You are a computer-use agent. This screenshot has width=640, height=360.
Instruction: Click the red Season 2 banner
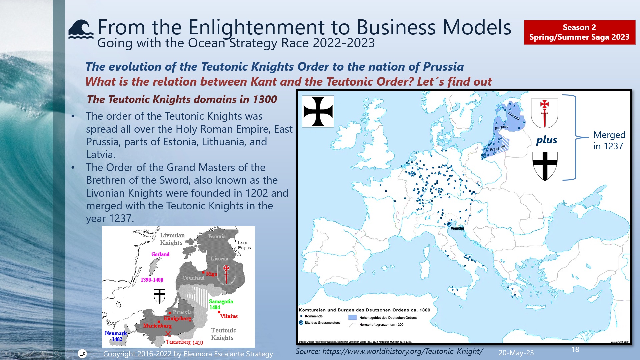[579, 32]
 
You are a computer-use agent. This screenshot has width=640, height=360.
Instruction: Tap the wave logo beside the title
[81, 30]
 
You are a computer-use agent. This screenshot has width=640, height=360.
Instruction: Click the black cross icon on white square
[318, 111]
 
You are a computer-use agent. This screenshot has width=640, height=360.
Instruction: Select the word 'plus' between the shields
[547, 140]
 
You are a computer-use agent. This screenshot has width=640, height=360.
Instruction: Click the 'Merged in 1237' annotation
[609, 140]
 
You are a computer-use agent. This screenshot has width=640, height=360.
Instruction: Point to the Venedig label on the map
[457, 228]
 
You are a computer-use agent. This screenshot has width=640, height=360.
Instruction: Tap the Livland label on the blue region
[514, 115]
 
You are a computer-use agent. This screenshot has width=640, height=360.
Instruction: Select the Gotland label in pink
[160, 254]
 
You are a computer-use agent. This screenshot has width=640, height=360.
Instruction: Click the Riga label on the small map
[211, 274]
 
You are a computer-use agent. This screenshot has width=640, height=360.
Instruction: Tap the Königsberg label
[177, 318]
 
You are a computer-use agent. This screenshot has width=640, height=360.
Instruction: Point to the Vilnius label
[229, 316]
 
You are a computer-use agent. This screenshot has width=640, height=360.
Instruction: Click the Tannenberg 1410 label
[184, 342]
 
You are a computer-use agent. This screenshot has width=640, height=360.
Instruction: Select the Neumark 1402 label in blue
[116, 336]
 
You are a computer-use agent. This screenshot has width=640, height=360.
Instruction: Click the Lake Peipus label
[244, 245]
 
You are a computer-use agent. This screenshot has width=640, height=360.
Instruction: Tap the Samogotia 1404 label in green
[221, 304]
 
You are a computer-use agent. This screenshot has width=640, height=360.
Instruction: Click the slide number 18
[575, 349]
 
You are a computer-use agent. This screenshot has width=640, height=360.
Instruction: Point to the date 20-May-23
[516, 353]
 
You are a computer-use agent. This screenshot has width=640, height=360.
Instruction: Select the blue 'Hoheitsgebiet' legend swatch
[352, 318]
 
